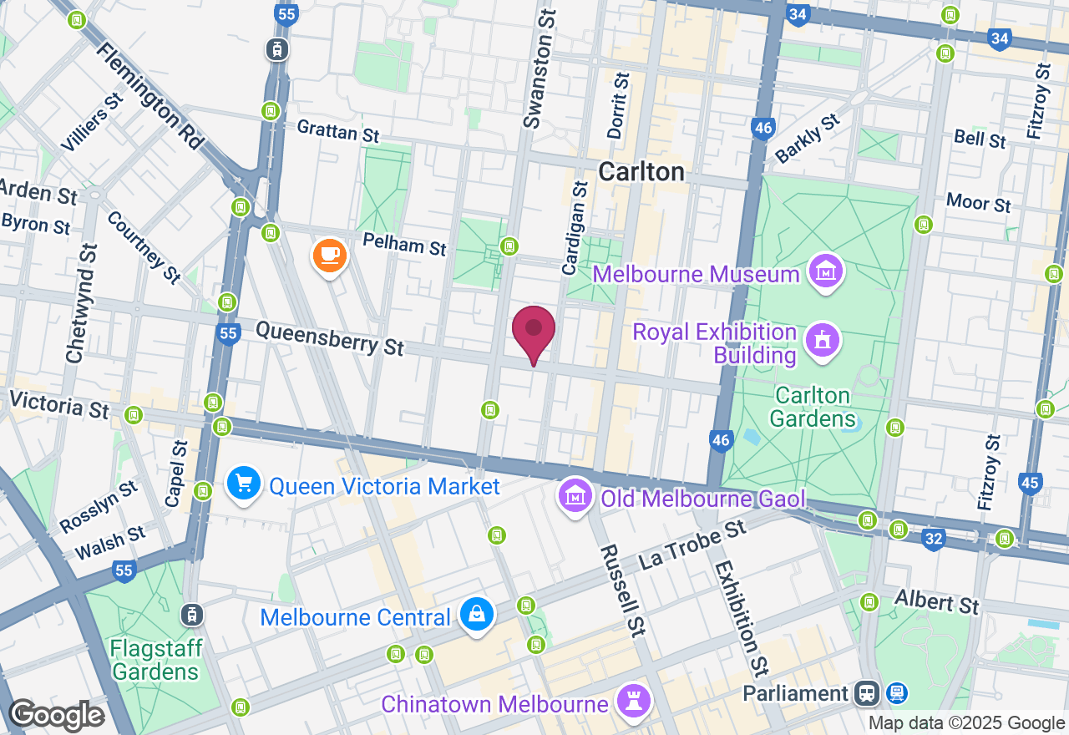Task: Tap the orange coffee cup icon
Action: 330,255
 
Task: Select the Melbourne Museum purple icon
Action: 826,272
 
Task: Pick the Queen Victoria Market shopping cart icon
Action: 244,484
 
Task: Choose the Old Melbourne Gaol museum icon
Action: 575,498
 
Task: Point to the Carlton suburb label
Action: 641,172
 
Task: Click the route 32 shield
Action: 933,540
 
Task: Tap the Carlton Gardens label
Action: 813,406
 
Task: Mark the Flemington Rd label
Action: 150,96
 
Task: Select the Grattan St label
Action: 338,131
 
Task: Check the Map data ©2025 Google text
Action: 966,723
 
